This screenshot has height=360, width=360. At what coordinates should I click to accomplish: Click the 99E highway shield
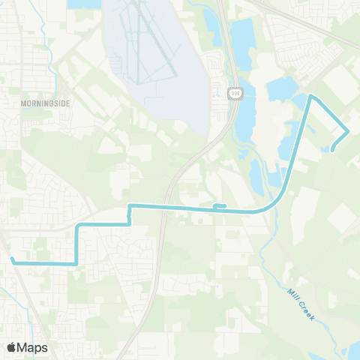[234, 92]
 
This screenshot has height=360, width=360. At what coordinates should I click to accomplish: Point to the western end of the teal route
[12, 259]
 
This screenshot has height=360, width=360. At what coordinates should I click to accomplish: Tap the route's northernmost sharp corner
[311, 97]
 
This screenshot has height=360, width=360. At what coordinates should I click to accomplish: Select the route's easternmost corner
[349, 131]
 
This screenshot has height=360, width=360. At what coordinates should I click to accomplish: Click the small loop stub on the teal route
[220, 205]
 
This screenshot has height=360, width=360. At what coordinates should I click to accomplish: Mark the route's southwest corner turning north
[76, 263]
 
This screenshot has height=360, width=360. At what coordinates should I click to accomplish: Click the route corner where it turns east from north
[78, 224]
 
